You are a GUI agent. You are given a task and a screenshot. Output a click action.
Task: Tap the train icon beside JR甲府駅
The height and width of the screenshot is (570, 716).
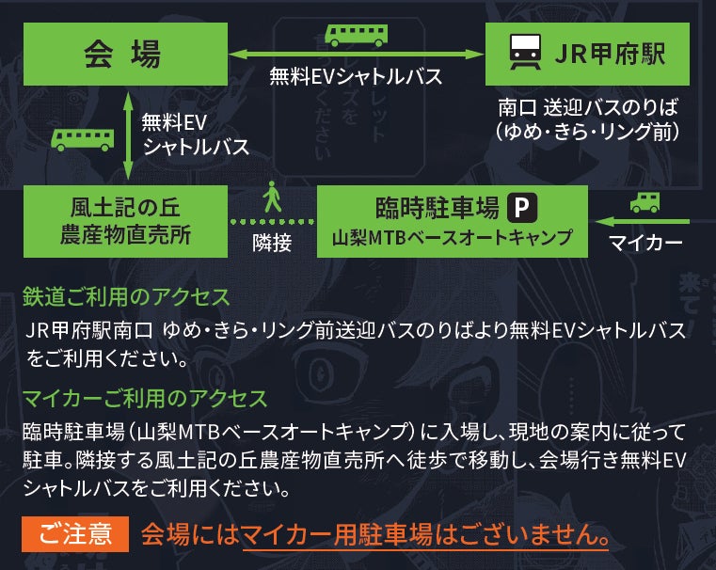[519, 53]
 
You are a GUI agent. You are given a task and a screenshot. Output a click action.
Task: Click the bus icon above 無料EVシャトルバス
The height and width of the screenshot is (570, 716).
[356, 35]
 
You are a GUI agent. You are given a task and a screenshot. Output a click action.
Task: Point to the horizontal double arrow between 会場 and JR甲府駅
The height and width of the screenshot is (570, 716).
[356, 54]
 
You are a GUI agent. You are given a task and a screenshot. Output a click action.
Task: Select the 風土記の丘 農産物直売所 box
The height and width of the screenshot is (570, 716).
[124, 220]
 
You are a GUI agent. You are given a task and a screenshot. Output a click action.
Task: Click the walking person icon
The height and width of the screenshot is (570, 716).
[272, 197]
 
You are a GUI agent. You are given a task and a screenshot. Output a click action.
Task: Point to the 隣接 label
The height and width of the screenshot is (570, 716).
[272, 242]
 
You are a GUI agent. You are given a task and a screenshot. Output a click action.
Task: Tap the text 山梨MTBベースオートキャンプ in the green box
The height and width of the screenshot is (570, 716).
[452, 237]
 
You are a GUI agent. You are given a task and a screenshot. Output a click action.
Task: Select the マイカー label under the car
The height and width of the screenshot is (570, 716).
[645, 243]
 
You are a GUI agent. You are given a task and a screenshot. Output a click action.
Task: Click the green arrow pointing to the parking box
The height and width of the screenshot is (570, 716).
[644, 222]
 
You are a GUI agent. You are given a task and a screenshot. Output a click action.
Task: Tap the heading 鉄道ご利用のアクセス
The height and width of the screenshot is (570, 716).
[126, 297]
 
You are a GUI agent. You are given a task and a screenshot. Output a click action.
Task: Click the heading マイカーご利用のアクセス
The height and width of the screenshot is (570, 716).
[145, 399]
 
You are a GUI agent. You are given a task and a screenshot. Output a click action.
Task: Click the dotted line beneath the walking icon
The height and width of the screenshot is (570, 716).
[272, 221]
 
